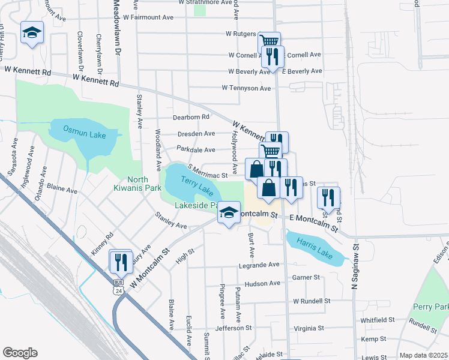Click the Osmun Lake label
(x=85, y=135)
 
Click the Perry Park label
(x=430, y=307)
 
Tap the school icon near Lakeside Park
(x=228, y=212)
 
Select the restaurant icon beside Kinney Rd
(x=121, y=261)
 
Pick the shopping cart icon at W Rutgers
(x=270, y=42)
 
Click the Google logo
(x=20, y=353)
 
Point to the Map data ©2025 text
(x=423, y=355)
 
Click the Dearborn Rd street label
(x=191, y=117)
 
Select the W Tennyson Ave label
(x=246, y=88)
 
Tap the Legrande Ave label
(x=259, y=265)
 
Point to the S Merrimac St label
(x=208, y=172)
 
